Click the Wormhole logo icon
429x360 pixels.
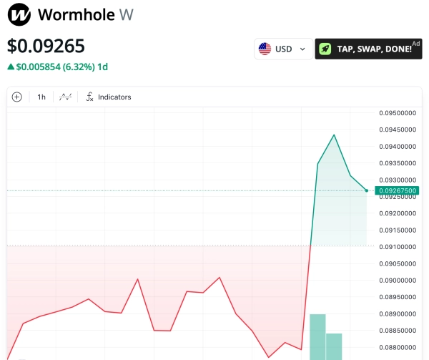19,14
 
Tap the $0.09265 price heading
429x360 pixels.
46,46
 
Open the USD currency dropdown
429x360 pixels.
283,49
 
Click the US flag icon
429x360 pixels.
265,49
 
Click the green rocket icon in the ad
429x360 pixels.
325,49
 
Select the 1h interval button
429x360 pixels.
41,97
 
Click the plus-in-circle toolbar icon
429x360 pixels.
17,97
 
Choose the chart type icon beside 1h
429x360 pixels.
65,97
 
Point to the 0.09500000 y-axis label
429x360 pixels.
398,113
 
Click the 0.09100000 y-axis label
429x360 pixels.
398,247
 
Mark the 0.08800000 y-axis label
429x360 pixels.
398,348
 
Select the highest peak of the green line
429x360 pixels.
334,135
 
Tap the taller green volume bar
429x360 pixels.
317,336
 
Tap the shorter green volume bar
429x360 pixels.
334,346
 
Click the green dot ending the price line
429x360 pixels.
367,190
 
